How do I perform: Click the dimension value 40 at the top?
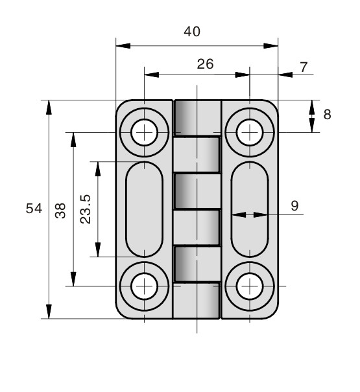click(192, 32)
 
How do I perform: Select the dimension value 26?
click(205, 64)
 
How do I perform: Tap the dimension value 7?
click(304, 67)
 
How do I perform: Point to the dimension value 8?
click(327, 115)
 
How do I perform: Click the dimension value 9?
click(295, 206)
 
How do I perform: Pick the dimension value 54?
click(34, 208)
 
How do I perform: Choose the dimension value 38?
click(60, 211)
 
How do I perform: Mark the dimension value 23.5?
click(86, 209)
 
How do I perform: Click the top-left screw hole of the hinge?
click(144, 132)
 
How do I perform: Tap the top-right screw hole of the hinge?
click(250, 132)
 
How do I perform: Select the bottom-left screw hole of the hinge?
click(144, 286)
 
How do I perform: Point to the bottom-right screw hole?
click(250, 286)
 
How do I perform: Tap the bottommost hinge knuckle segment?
click(197, 301)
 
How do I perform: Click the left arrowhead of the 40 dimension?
click(123, 46)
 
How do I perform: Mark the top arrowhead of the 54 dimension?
click(49, 108)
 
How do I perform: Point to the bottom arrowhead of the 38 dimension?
click(73, 279)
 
